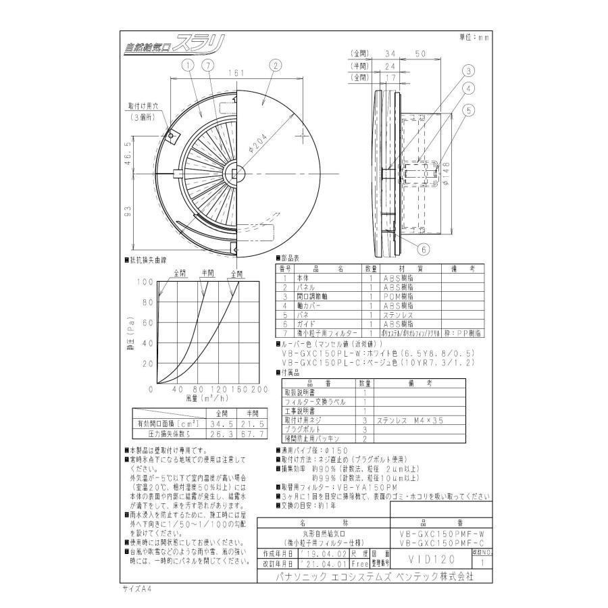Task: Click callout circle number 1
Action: coord(188,65)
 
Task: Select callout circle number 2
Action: coord(274,65)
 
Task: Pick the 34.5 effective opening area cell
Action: coord(220,423)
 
